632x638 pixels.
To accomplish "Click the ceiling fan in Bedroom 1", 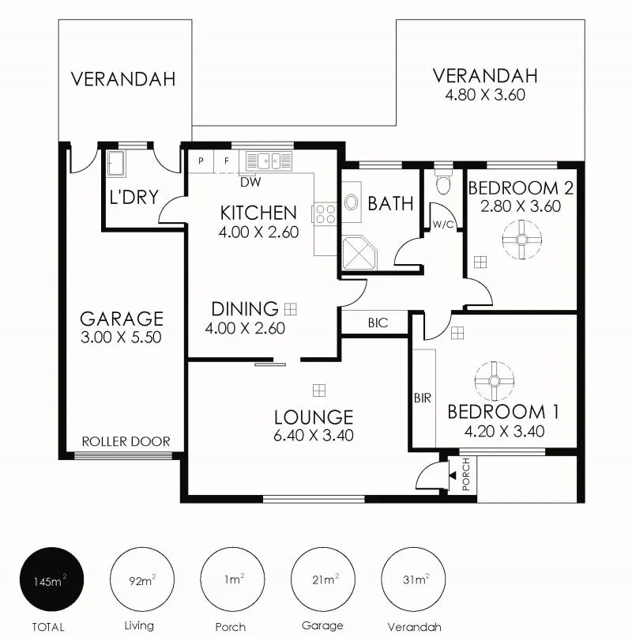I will coord(495,381).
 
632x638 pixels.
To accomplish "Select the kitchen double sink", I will coord(268,160).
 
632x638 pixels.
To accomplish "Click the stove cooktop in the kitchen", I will coord(325,213).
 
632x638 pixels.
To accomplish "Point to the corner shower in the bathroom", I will coord(359,252).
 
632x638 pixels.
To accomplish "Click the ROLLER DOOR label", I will coord(126,441).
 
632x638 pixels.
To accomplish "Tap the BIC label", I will coord(376,323).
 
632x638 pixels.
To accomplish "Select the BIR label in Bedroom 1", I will coord(422,398).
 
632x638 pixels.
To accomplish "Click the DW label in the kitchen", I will coord(250,181).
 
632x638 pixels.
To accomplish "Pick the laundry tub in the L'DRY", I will coord(118,166).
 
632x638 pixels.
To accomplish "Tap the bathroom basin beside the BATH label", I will coord(352,202).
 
